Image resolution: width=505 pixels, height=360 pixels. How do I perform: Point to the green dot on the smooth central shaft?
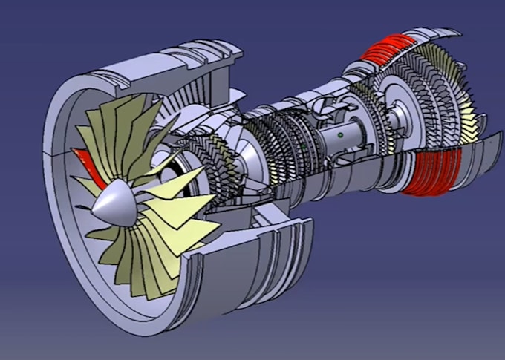point(339,136)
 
